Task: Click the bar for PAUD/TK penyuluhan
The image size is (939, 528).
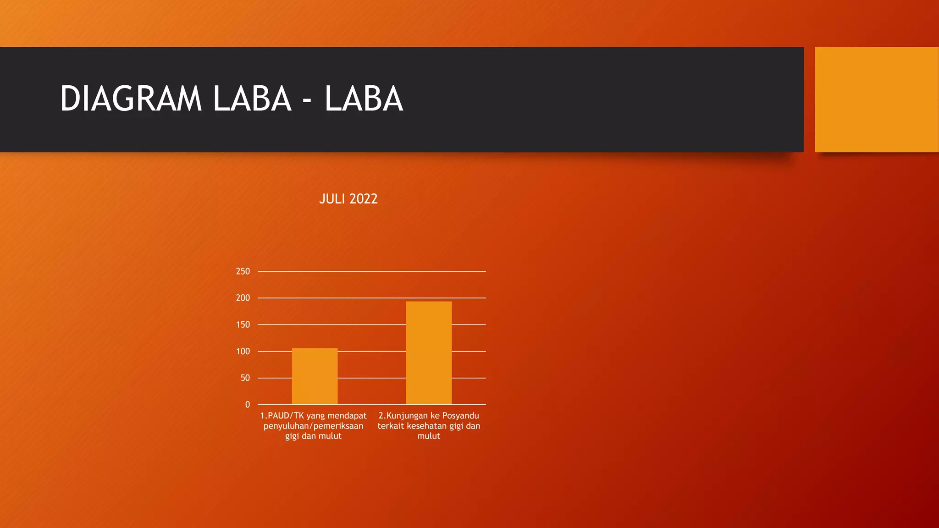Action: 315,376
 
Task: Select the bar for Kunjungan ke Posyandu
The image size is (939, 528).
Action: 429,353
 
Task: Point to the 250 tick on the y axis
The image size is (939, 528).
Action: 243,271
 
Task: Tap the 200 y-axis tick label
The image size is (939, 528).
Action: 243,298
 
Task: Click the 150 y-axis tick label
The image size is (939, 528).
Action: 243,324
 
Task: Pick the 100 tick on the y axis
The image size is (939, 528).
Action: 243,352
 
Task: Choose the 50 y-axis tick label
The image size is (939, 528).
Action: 245,378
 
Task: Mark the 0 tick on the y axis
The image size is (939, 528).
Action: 248,405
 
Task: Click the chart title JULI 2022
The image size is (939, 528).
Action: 348,199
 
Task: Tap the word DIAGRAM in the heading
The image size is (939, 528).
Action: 131,99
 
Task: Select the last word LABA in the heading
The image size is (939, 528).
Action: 364,99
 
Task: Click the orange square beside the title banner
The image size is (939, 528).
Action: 877,99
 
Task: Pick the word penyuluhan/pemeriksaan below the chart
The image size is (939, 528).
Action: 313,426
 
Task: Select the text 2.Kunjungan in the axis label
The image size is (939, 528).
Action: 403,416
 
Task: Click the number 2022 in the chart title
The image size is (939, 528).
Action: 363,199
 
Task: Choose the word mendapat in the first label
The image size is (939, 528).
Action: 347,416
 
